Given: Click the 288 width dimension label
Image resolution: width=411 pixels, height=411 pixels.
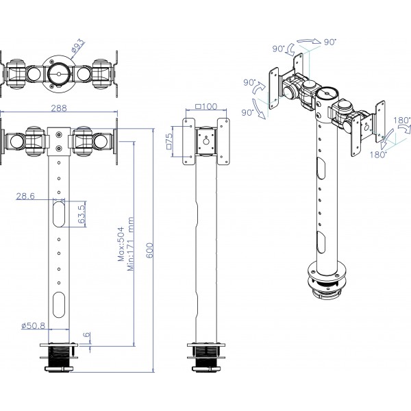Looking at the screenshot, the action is pos(59,108).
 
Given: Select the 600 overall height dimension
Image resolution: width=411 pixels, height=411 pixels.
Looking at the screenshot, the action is pos(149,250).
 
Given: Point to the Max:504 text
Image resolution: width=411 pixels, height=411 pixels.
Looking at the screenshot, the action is pos(121,244).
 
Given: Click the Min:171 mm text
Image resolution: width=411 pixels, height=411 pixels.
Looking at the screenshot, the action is pos(131,244).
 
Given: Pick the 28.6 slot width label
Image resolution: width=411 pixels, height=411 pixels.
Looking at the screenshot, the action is pos(25,196).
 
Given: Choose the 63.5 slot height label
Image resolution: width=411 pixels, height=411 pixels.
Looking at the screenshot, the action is pos(82,214).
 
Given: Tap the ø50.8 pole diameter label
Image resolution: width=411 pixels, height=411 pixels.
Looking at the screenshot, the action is pos(34,325).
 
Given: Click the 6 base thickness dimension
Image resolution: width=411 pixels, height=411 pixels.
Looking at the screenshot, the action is pos(87,335).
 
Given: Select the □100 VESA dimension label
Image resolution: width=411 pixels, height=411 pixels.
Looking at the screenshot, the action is pos(207,106).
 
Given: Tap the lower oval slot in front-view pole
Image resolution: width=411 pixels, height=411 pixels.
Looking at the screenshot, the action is pos(59,304).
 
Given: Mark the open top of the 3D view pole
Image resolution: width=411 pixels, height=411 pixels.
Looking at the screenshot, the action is pos(327,92).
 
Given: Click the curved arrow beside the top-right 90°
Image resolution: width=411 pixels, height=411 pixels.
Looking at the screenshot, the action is pos(309,41).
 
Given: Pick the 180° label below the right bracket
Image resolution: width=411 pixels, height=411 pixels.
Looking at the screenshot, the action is pos(378,155).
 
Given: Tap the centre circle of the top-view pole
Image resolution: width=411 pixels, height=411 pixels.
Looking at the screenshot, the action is pos(58,74).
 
